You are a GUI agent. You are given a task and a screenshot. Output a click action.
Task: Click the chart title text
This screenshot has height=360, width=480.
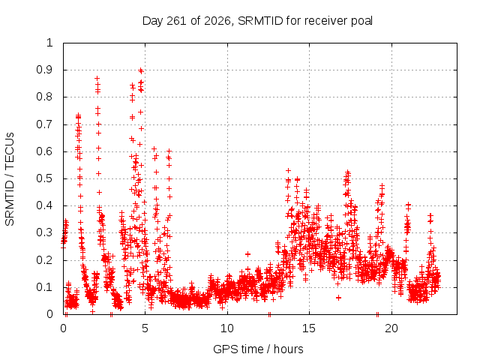(x=257, y=21)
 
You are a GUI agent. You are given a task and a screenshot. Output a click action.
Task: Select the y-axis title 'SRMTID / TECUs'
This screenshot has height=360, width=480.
(x=10, y=179)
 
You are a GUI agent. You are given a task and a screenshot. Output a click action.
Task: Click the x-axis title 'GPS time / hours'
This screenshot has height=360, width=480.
(x=258, y=349)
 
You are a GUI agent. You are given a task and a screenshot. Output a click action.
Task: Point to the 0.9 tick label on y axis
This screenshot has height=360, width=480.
(x=45, y=70)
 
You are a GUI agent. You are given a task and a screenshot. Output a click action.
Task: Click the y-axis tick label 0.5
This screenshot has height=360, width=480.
(x=45, y=178)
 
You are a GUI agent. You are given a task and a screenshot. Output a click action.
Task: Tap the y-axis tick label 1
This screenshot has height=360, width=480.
(x=50, y=43)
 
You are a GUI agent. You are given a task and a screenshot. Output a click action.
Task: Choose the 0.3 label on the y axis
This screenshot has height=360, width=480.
(x=45, y=232)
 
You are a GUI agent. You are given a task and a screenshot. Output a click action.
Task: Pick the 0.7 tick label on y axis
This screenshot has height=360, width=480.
(x=45, y=124)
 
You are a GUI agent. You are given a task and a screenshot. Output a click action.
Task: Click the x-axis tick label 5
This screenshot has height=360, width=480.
(x=145, y=328)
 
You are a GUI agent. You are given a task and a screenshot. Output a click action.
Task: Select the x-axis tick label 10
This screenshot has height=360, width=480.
(x=226, y=328)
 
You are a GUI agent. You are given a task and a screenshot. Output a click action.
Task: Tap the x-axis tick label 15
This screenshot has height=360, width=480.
(x=309, y=328)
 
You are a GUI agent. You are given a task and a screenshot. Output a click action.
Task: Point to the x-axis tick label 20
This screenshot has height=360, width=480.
(x=391, y=328)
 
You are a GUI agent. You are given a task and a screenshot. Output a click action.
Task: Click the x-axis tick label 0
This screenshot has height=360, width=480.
(x=63, y=328)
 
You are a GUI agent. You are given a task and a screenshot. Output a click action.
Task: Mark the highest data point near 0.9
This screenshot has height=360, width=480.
(x=141, y=70)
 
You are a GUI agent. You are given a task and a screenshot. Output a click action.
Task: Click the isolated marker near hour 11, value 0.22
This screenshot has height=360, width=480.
(x=248, y=254)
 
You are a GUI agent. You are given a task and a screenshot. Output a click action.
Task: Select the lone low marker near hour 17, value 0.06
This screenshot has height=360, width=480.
(x=338, y=298)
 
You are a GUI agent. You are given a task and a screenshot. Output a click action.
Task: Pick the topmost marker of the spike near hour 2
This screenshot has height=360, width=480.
(x=97, y=78)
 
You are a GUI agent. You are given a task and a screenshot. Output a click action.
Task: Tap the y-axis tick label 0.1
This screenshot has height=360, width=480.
(x=45, y=287)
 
